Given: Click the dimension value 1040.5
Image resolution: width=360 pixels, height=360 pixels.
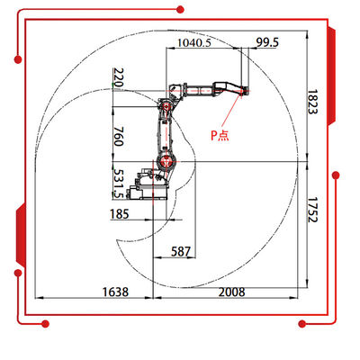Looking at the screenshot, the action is (194, 42).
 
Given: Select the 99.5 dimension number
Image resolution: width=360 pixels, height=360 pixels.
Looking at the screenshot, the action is (267, 42).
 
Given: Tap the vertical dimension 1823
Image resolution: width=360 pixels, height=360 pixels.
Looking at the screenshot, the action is (312, 102).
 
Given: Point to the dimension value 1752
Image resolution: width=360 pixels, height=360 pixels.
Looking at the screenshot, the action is (312, 210).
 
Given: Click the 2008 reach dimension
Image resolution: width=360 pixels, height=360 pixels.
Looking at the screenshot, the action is (231, 292).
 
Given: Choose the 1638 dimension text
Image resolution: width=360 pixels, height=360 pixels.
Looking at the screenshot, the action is (115, 292).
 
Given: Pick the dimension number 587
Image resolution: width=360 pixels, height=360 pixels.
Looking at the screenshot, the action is (181, 251).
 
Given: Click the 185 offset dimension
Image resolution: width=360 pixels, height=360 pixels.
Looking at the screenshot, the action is (120, 214).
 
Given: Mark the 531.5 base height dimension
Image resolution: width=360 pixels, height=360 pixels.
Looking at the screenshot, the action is (119, 184).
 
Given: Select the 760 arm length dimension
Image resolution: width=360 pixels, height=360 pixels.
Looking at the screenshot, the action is (119, 136).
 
